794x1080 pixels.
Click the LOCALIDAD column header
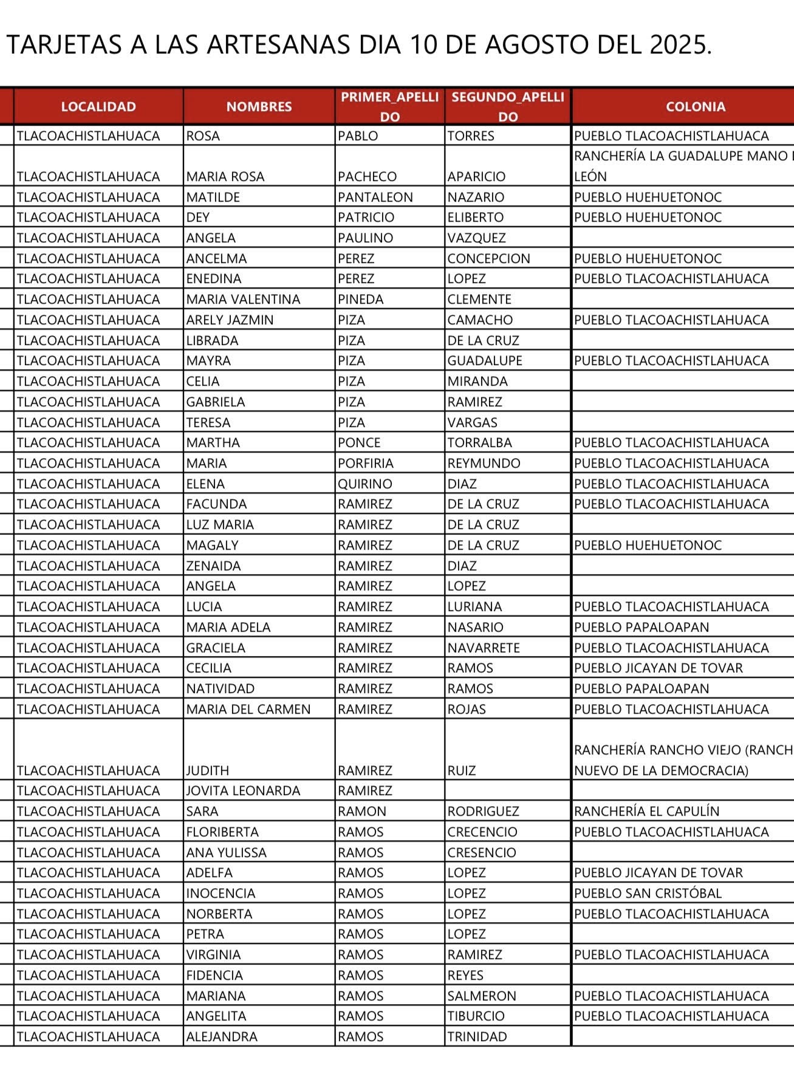(x=98, y=107)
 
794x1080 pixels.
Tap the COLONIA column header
(x=695, y=107)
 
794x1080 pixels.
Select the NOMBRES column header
(x=259, y=107)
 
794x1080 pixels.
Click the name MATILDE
(x=213, y=197)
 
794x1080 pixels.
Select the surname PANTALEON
(x=375, y=197)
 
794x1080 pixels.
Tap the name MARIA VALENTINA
(x=243, y=299)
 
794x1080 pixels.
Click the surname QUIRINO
(x=365, y=484)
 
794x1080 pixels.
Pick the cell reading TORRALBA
(x=479, y=443)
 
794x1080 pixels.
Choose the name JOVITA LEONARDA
(x=243, y=791)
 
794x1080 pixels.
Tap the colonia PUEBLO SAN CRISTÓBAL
(x=648, y=894)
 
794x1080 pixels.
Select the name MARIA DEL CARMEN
(x=248, y=709)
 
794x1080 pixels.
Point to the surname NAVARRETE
(x=484, y=648)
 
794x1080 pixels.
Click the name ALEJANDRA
(x=222, y=1037)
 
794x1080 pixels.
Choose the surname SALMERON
(x=482, y=996)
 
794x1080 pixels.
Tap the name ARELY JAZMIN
(x=230, y=320)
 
